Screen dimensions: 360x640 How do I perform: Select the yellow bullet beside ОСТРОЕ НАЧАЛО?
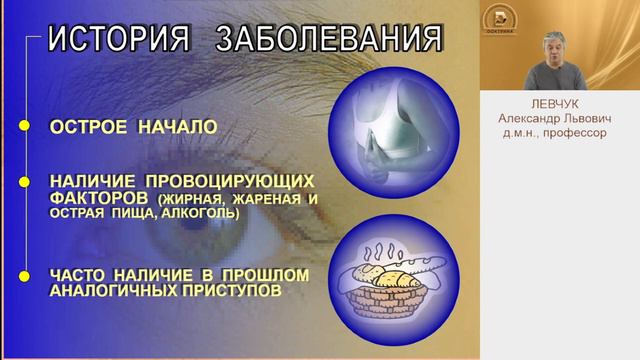pos(23,128)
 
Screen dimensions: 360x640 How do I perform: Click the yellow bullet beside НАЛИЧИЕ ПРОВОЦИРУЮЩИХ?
pos(23,182)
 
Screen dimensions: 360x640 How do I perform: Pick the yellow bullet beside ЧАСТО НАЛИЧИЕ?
pos(23,274)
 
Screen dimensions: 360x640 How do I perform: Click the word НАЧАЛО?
pos(179,128)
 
